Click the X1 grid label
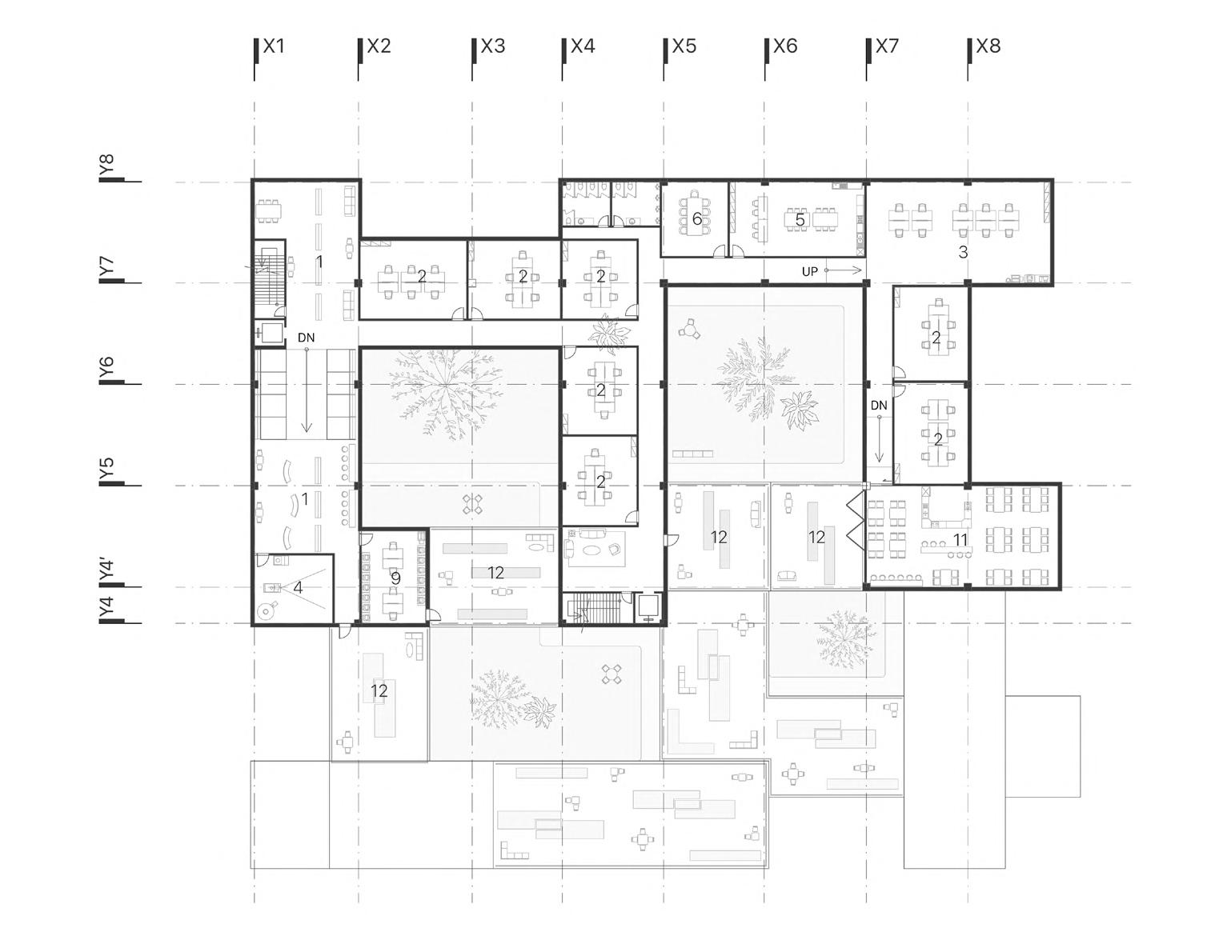[x=274, y=46]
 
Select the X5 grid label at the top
[x=684, y=46]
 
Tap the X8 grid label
[x=988, y=46]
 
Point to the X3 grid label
[x=492, y=46]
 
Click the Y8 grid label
[x=107, y=166]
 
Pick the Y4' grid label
[x=107, y=570]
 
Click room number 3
[x=963, y=252]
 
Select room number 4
[x=298, y=588]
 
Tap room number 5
[x=799, y=220]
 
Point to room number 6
[x=697, y=218]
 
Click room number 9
[x=395, y=578]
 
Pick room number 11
[x=960, y=540]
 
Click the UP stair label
[x=810, y=272]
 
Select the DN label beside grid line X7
[x=879, y=406]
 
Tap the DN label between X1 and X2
[x=306, y=338]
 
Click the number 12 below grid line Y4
[x=379, y=690]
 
